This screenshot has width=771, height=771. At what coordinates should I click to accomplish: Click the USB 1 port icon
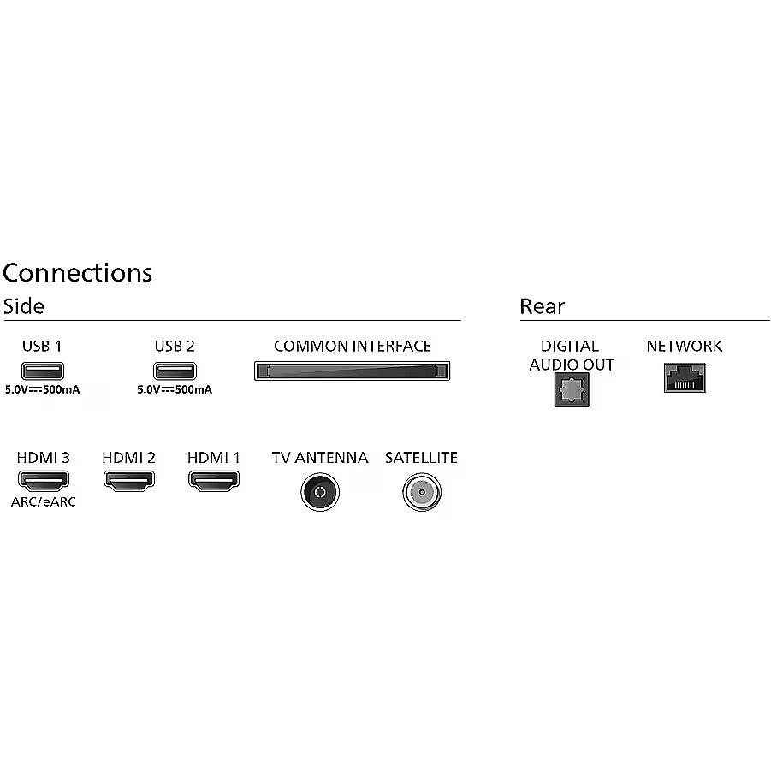click(x=42, y=371)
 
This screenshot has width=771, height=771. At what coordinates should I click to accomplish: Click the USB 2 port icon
click(x=175, y=371)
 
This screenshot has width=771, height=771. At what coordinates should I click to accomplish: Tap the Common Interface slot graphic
click(x=352, y=371)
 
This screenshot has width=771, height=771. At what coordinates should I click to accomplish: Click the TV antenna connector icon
click(x=320, y=492)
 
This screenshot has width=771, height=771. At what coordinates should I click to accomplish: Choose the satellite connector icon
click(x=421, y=492)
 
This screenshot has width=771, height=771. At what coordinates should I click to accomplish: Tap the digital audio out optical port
click(x=571, y=390)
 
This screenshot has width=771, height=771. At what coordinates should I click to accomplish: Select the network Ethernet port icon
click(x=684, y=377)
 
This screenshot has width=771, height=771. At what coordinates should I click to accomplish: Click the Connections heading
click(x=77, y=272)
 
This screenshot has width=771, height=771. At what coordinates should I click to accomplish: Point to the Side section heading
click(x=23, y=306)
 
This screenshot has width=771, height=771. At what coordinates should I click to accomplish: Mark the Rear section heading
click(x=542, y=306)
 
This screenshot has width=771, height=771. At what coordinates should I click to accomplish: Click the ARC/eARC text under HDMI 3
click(x=44, y=502)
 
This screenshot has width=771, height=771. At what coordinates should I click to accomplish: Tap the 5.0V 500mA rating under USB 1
click(x=42, y=390)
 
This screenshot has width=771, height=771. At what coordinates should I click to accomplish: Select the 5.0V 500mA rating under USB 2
click(x=175, y=390)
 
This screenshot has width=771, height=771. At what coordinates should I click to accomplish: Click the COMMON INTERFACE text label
click(x=352, y=347)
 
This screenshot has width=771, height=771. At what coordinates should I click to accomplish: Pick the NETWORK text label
click(x=684, y=347)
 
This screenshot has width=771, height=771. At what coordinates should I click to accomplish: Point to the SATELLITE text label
click(x=421, y=458)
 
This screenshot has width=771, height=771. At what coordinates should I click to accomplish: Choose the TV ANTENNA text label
click(x=320, y=458)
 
